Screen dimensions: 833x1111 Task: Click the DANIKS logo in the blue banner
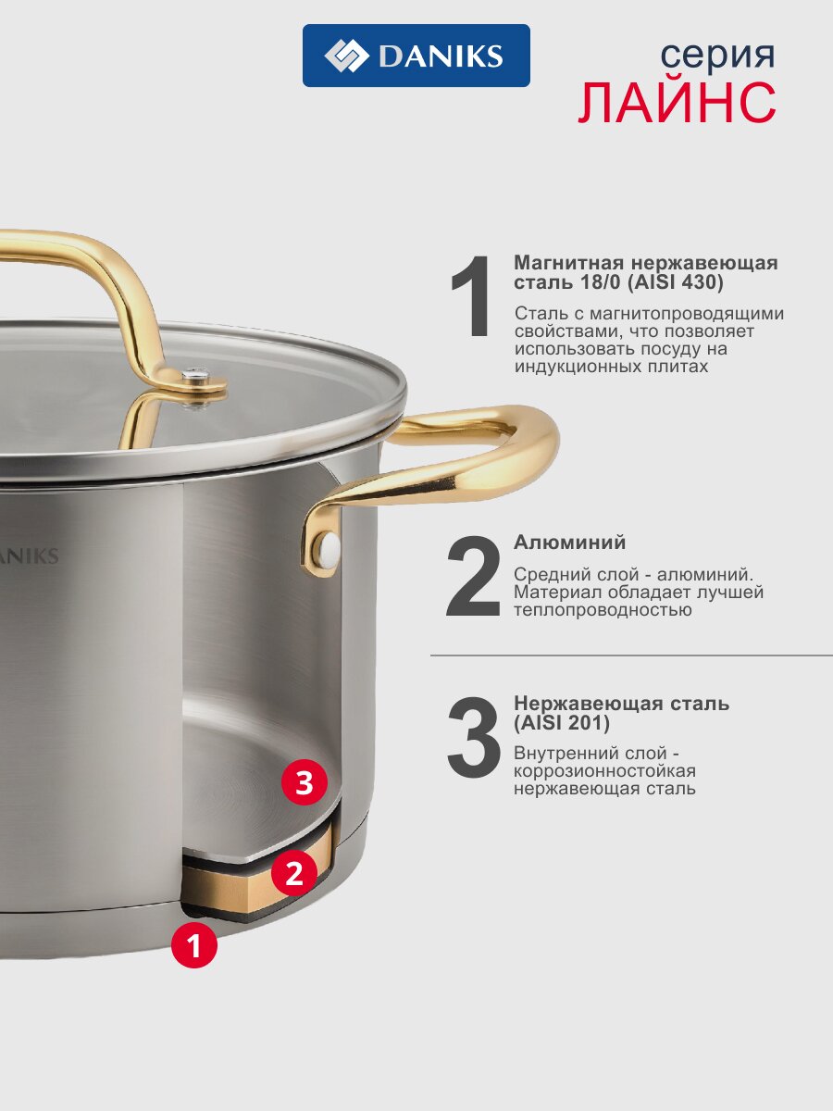click(x=416, y=56)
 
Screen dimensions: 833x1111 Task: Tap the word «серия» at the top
click(x=717, y=55)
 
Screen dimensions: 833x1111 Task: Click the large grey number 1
click(x=472, y=296)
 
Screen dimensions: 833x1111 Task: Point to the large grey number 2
click(x=473, y=576)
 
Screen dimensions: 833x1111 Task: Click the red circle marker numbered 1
click(x=194, y=945)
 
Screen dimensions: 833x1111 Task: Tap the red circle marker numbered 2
click(x=294, y=873)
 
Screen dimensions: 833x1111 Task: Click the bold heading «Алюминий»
click(x=569, y=543)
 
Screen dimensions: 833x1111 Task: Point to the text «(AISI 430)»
click(x=676, y=282)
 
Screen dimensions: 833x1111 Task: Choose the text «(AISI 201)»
click(x=562, y=722)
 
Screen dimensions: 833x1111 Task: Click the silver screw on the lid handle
click(x=195, y=375)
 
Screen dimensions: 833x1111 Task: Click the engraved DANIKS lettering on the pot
click(x=30, y=556)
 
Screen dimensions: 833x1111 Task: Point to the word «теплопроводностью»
click(x=603, y=610)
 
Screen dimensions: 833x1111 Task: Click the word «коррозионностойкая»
click(x=605, y=771)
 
